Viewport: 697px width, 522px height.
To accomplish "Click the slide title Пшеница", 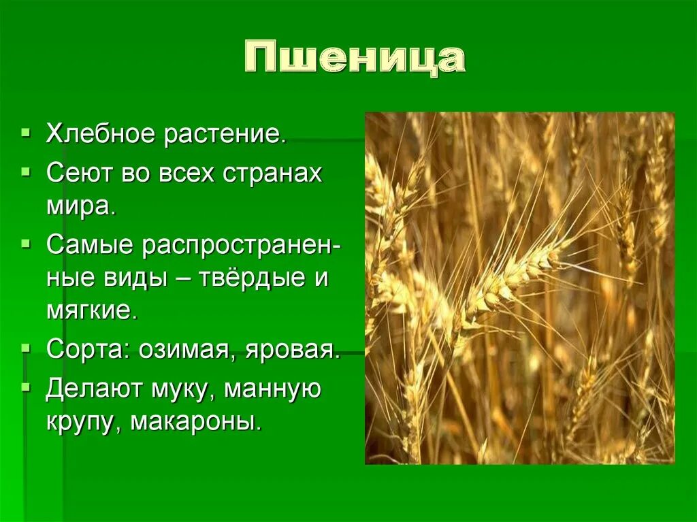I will coord(354,60).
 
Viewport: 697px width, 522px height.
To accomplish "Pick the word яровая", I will coord(295,350).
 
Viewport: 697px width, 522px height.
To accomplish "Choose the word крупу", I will coord(84,423).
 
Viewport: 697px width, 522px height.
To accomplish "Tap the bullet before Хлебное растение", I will coord(26,131).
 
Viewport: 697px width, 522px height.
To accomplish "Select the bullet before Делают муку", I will coord(26,387).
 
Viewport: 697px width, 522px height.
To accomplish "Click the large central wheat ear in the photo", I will coord(507,276).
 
